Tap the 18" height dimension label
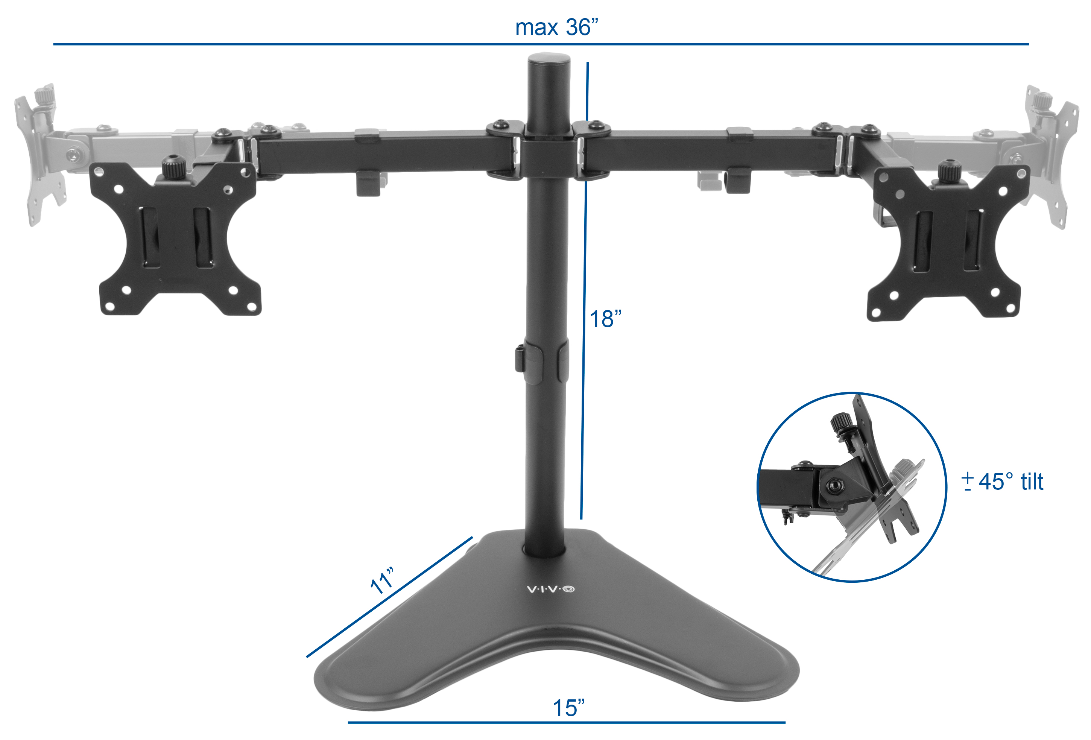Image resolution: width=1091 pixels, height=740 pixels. (x=605, y=319)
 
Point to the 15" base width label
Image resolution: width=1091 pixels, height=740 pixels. (x=568, y=708)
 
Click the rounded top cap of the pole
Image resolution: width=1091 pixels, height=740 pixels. (x=549, y=61)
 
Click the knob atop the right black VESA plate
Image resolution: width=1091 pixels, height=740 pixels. (x=948, y=172)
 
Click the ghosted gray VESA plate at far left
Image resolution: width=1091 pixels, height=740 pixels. (x=40, y=155)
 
